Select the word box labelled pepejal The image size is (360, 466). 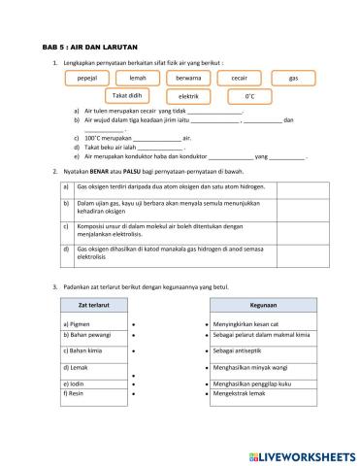click(x=88, y=77)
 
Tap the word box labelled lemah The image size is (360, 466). click(x=138, y=77)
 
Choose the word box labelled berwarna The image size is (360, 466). click(x=189, y=77)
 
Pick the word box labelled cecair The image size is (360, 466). click(x=240, y=77)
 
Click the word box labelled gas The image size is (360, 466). click(x=293, y=77)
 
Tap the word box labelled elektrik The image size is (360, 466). click(x=189, y=97)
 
